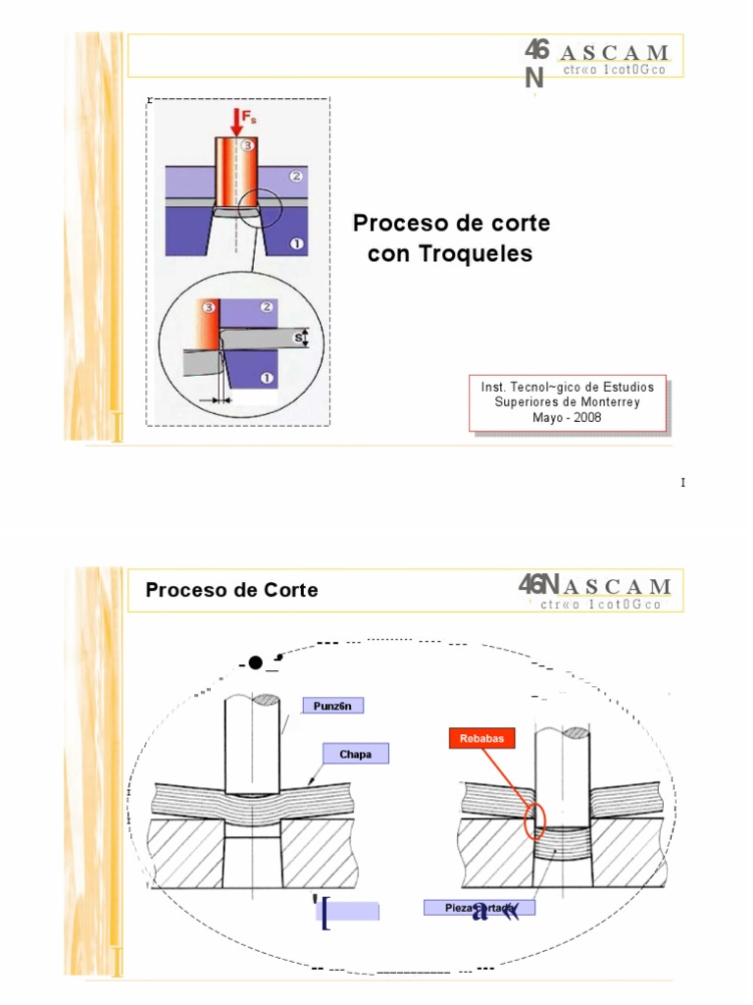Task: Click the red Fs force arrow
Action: click(x=236, y=121)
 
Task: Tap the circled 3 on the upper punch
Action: click(x=247, y=146)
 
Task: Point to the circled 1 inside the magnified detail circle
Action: click(x=265, y=376)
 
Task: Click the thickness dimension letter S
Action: click(x=298, y=339)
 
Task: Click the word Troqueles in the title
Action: click(x=450, y=253)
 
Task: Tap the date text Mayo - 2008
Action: click(x=567, y=417)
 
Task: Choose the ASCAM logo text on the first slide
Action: click(x=616, y=53)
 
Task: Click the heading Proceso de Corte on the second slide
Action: click(x=231, y=590)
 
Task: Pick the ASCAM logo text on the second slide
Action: click(x=616, y=587)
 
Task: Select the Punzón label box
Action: click(x=332, y=706)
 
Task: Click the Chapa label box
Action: click(x=355, y=754)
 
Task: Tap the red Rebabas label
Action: click(x=482, y=738)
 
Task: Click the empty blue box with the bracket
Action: click(x=351, y=911)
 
